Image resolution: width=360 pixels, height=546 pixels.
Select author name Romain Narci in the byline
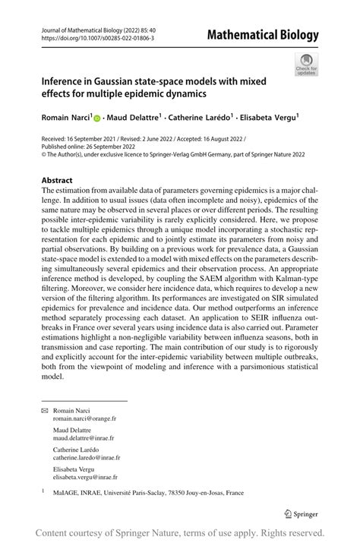[65, 118]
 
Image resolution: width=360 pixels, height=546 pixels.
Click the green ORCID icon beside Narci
[97, 118]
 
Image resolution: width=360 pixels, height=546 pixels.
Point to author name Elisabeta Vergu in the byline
[269, 118]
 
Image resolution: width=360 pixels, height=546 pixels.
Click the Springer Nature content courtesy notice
[180, 533]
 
